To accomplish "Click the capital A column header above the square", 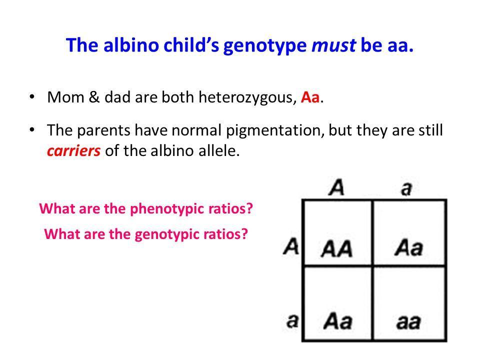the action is click(336, 187).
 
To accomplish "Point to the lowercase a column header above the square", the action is click(406, 188).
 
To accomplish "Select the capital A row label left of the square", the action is click(291, 246).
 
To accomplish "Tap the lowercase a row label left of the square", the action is click(292, 320).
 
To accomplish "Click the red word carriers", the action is click(74, 150).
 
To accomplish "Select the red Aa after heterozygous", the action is click(310, 97).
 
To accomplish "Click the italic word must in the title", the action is click(333, 45).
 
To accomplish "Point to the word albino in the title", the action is click(131, 44).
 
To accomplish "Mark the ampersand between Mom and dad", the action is click(94, 97).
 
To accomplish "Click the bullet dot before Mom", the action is click(31, 97).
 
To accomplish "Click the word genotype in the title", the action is click(265, 46).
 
